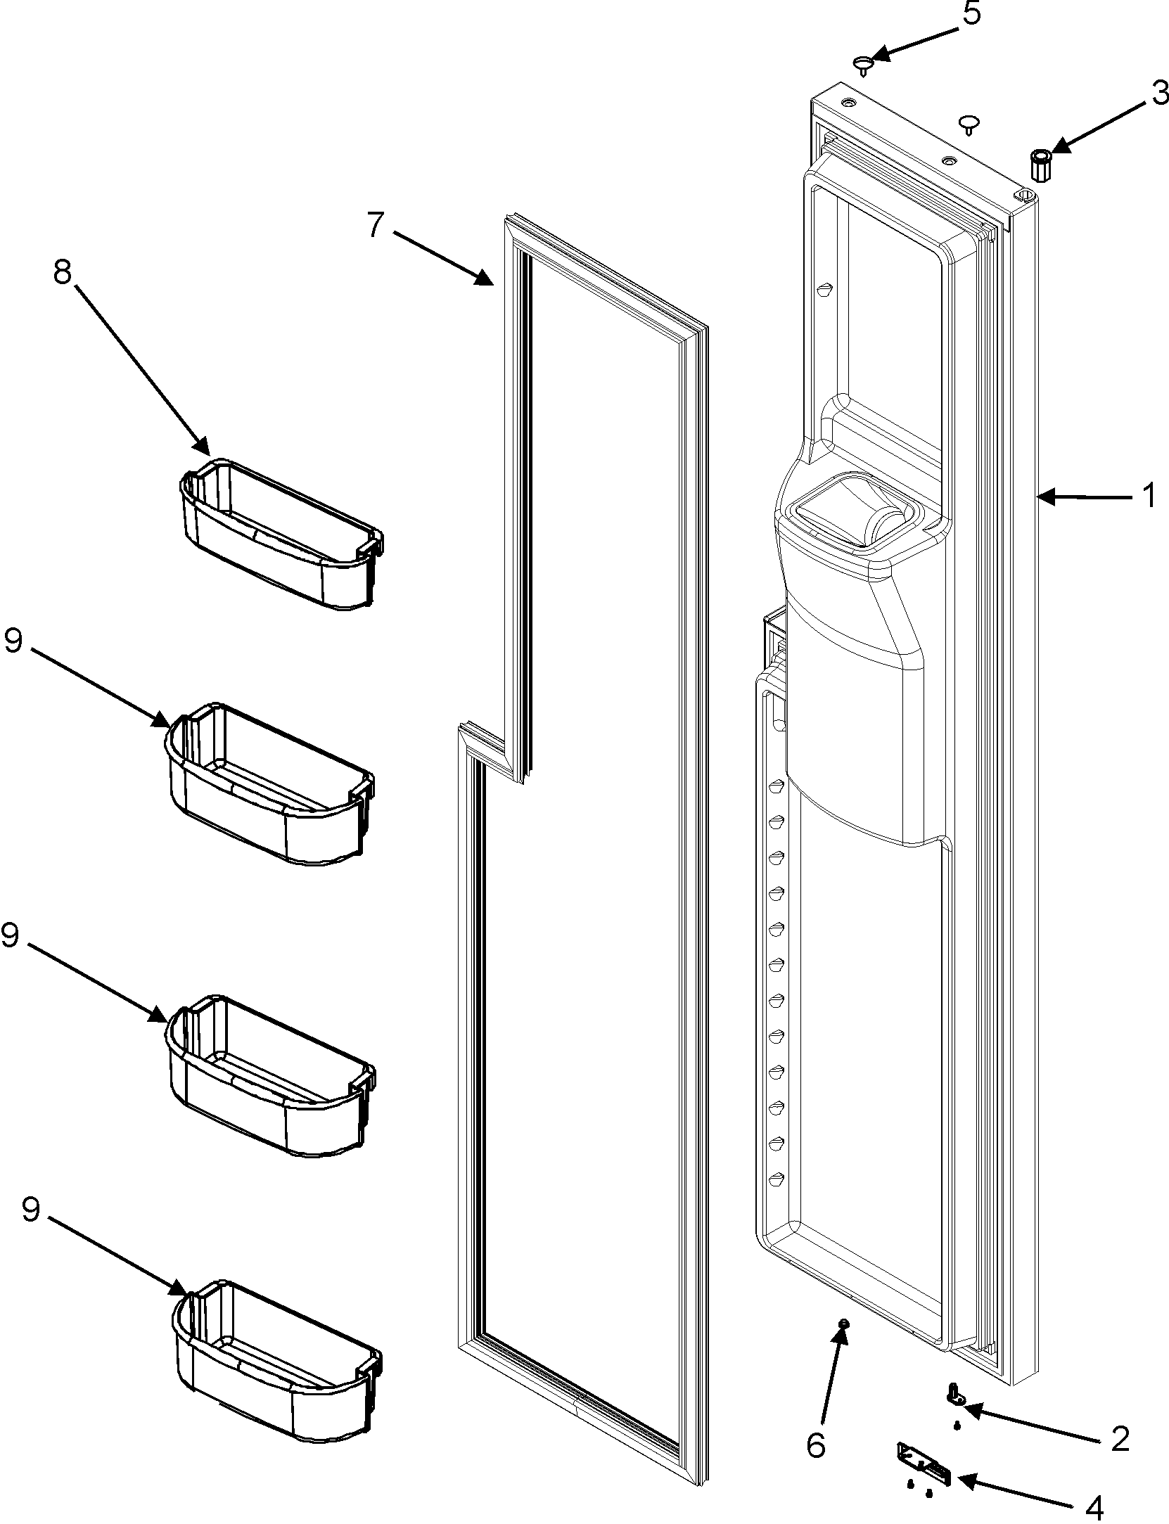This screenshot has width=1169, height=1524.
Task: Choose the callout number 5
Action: point(971,14)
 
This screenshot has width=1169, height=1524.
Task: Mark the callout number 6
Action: point(815,1407)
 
